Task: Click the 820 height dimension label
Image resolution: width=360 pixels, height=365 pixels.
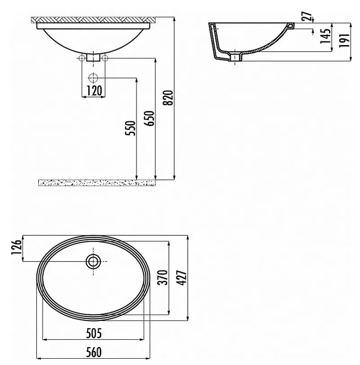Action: pos(168,98)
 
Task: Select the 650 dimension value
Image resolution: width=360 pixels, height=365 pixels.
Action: pos(149,118)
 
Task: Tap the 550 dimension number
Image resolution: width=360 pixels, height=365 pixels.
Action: pos(130,128)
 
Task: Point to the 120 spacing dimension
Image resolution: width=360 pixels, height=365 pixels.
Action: pos(94,90)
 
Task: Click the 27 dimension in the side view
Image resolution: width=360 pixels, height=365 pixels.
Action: pos(307,16)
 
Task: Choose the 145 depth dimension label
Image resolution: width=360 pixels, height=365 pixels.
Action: pos(325,36)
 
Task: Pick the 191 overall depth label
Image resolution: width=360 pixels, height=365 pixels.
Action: pos(344,41)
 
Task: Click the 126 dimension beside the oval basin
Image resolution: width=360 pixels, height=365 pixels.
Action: pos(17,247)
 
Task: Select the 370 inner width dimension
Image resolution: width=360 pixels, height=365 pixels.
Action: pos(162,278)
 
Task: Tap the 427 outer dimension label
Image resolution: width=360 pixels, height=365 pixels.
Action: pos(181,278)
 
